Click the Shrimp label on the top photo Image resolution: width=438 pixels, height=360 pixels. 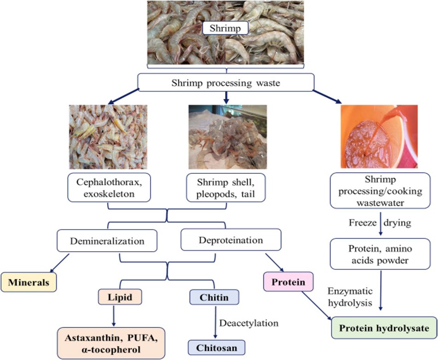click(x=226, y=29)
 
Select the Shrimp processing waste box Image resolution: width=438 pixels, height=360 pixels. click(x=226, y=83)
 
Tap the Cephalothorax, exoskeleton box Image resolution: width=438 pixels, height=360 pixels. click(x=109, y=187)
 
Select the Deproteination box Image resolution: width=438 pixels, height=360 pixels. click(x=231, y=240)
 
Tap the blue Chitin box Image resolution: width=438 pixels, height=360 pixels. click(x=214, y=297)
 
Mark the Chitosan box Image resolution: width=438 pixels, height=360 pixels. click(x=214, y=347)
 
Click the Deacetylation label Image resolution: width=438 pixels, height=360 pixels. click(x=249, y=323)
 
